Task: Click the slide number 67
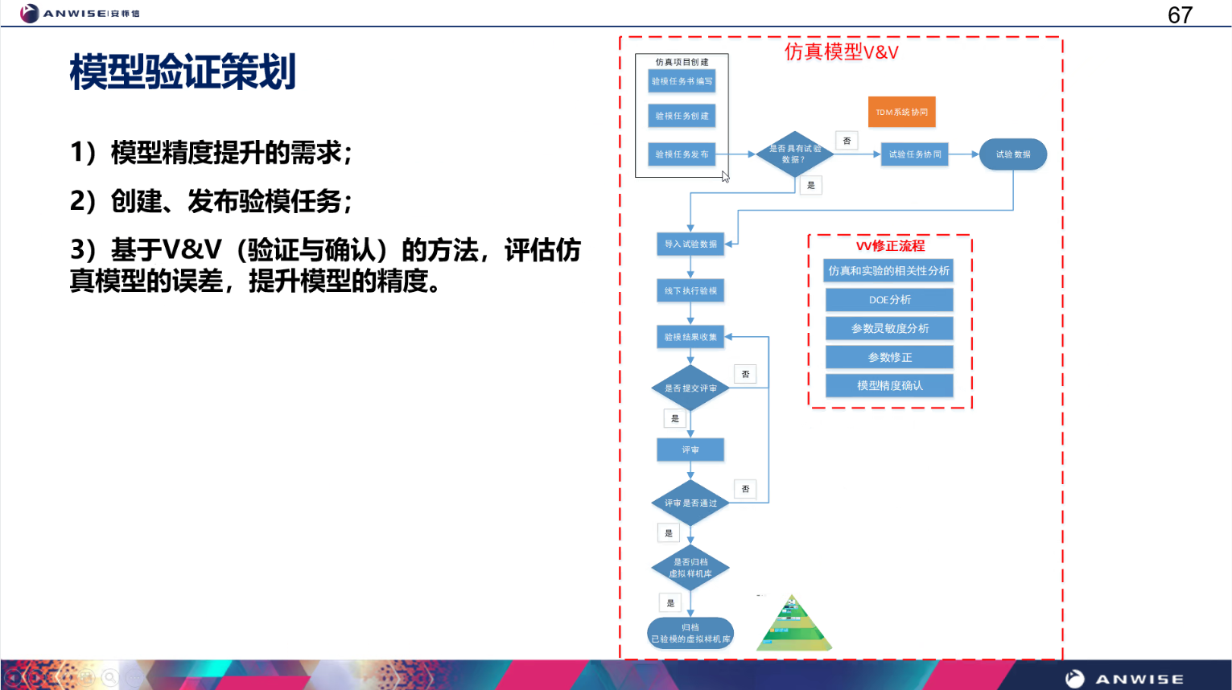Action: click(1180, 15)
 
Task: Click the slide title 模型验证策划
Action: click(183, 72)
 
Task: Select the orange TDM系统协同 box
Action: click(901, 112)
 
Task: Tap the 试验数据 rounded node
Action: click(1012, 154)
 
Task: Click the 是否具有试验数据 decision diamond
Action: click(794, 154)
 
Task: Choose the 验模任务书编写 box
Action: click(682, 81)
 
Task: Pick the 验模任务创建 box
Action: click(682, 116)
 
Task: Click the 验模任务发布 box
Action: click(682, 154)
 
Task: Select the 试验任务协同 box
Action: click(914, 154)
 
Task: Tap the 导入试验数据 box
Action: click(690, 244)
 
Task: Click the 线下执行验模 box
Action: click(690, 291)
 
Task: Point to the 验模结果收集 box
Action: click(690, 337)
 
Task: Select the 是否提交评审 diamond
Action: click(690, 388)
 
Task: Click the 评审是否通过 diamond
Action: click(690, 503)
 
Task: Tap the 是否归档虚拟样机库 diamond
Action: click(690, 568)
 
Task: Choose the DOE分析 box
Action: click(889, 300)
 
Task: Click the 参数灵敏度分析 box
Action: click(889, 328)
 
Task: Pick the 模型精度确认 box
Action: click(889, 386)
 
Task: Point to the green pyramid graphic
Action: click(793, 626)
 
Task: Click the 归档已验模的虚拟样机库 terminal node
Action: click(690, 633)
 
